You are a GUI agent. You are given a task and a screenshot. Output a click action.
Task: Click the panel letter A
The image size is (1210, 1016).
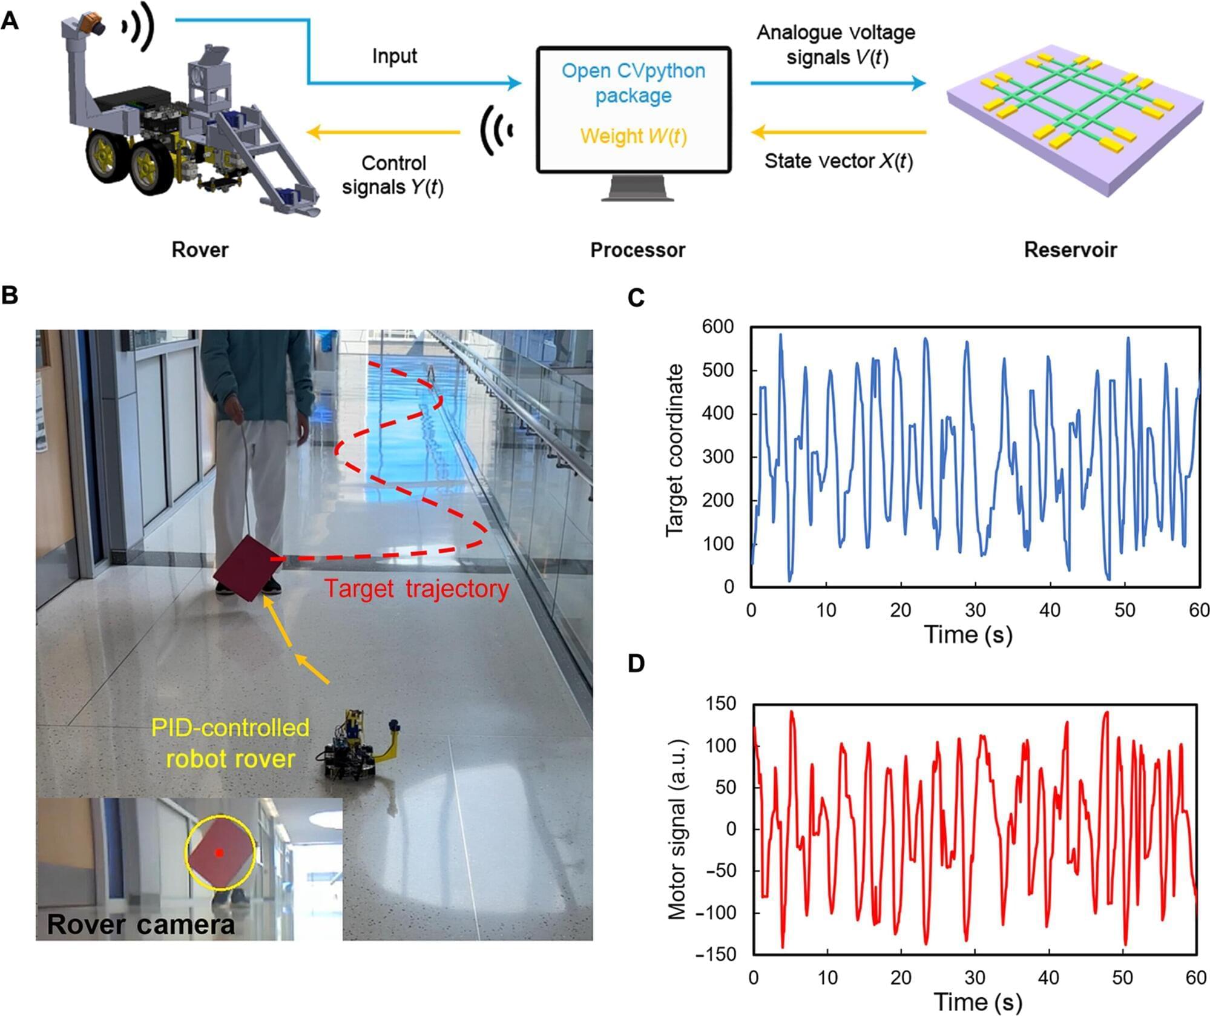pyautogui.click(x=10, y=22)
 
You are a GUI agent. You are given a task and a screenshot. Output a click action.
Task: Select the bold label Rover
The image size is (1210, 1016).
pyautogui.click(x=200, y=250)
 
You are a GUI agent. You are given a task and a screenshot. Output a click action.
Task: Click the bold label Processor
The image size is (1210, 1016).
pyautogui.click(x=637, y=250)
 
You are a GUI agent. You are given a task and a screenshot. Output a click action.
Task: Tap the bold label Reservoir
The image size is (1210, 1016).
pyautogui.click(x=1070, y=250)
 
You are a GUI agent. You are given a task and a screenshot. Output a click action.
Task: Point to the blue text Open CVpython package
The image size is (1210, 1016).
pyautogui.click(x=633, y=83)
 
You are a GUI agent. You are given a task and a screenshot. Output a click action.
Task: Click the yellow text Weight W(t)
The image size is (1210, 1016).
pyautogui.click(x=633, y=136)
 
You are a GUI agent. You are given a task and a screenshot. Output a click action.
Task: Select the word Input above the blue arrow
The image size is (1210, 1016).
pyautogui.click(x=395, y=56)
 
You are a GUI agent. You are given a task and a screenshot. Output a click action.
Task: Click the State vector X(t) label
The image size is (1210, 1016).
pyautogui.click(x=838, y=161)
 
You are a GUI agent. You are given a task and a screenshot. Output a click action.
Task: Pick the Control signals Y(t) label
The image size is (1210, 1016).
pyautogui.click(x=393, y=175)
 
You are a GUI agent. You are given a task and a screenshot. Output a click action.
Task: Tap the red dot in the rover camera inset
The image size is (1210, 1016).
pyautogui.click(x=220, y=853)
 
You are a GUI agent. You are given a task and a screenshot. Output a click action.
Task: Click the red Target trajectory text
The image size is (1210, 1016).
pyautogui.click(x=416, y=589)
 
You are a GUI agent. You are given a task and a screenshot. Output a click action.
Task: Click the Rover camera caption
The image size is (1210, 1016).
pyautogui.click(x=140, y=924)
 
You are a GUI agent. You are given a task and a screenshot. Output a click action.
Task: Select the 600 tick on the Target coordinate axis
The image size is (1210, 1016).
pyautogui.click(x=718, y=327)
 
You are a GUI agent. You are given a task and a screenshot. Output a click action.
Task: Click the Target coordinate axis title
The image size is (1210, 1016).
pyautogui.click(x=674, y=450)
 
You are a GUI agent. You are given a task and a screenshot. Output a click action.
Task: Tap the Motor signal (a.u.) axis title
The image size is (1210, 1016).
pyautogui.click(x=676, y=830)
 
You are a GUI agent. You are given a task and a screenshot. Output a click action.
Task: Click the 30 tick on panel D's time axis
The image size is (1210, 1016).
pyautogui.click(x=975, y=978)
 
